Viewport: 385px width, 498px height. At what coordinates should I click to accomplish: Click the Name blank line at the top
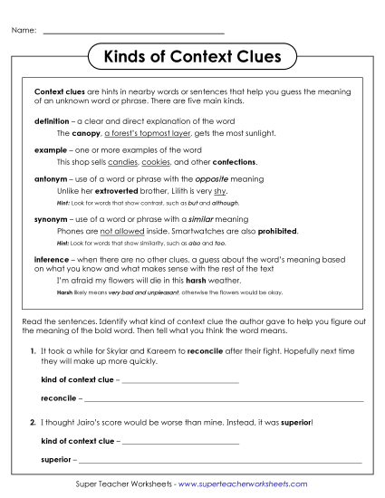pos(133,34)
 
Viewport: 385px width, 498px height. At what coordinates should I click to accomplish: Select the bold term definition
pos(51,120)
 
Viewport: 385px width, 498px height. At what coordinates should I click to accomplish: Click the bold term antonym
pos(50,179)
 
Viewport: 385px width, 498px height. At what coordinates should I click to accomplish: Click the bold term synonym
pos(51,219)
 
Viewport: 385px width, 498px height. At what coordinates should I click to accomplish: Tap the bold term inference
pos(52,259)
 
